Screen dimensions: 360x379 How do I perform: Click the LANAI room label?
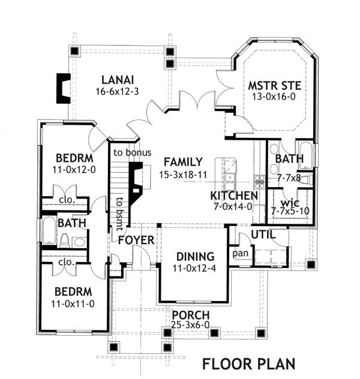click(118, 80)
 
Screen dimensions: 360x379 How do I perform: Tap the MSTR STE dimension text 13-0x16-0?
click(274, 97)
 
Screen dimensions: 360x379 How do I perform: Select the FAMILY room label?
click(183, 162)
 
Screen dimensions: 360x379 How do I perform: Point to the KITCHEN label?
click(234, 196)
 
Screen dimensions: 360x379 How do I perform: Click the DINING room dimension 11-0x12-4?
click(194, 268)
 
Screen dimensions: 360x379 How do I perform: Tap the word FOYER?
click(136, 240)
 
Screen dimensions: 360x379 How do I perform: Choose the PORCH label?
click(191, 315)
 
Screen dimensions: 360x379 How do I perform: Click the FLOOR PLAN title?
click(249, 364)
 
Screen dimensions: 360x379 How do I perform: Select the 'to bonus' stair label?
click(132, 152)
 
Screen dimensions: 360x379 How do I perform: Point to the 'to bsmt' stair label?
click(119, 213)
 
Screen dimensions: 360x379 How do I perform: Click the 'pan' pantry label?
click(241, 254)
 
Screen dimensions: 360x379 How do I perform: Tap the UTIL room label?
click(263, 234)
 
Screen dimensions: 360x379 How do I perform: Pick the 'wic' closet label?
click(290, 203)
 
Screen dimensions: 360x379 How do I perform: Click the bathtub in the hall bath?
click(49, 230)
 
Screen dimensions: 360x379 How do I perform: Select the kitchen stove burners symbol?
click(259, 181)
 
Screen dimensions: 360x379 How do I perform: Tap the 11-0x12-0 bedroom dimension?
click(74, 170)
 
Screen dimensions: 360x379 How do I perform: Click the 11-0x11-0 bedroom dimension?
click(73, 304)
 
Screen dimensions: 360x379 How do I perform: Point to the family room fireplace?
click(136, 181)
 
